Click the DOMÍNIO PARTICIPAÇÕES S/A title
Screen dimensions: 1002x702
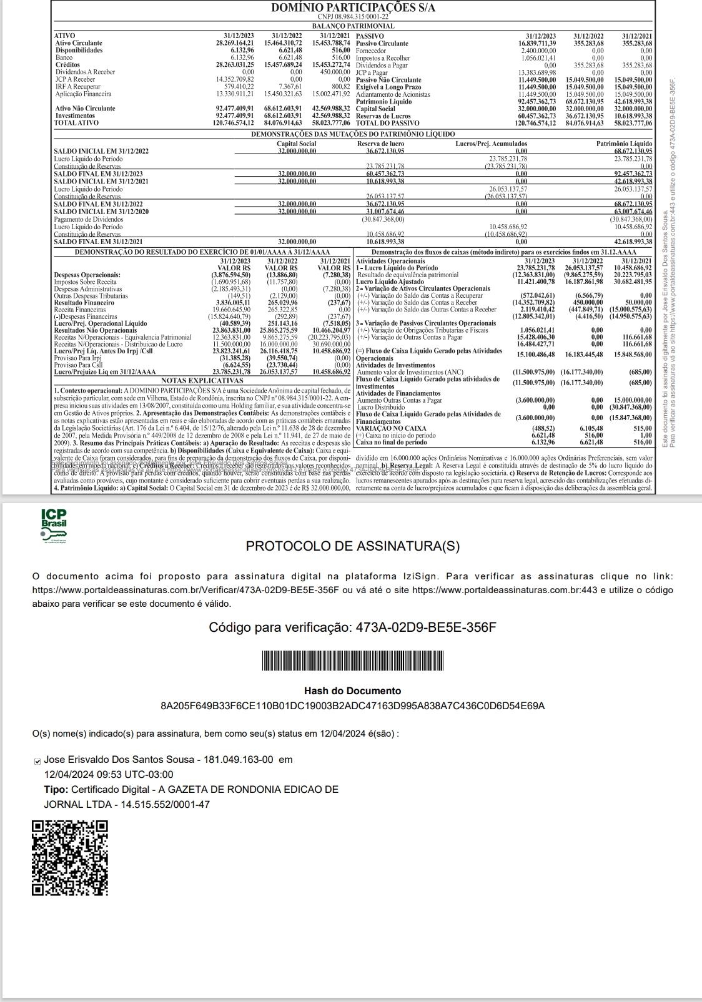click(x=353, y=7)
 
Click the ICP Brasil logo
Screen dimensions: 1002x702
click(x=54, y=526)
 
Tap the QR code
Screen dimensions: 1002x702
click(x=69, y=858)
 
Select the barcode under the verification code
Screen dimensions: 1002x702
click(x=352, y=662)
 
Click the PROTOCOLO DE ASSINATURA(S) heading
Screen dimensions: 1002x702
click(x=352, y=546)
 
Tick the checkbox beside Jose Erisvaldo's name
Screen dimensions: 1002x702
click(x=37, y=760)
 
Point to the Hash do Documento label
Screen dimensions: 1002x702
click(x=352, y=691)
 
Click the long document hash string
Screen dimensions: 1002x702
click(x=352, y=706)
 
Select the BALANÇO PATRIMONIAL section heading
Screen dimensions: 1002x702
click(x=353, y=26)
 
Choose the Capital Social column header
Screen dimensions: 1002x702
click(x=296, y=144)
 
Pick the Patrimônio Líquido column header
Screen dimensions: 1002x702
click(x=624, y=144)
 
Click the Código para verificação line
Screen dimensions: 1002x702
click(x=352, y=627)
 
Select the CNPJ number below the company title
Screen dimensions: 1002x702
click(x=353, y=17)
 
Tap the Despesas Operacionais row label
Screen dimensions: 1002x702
click(x=87, y=275)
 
